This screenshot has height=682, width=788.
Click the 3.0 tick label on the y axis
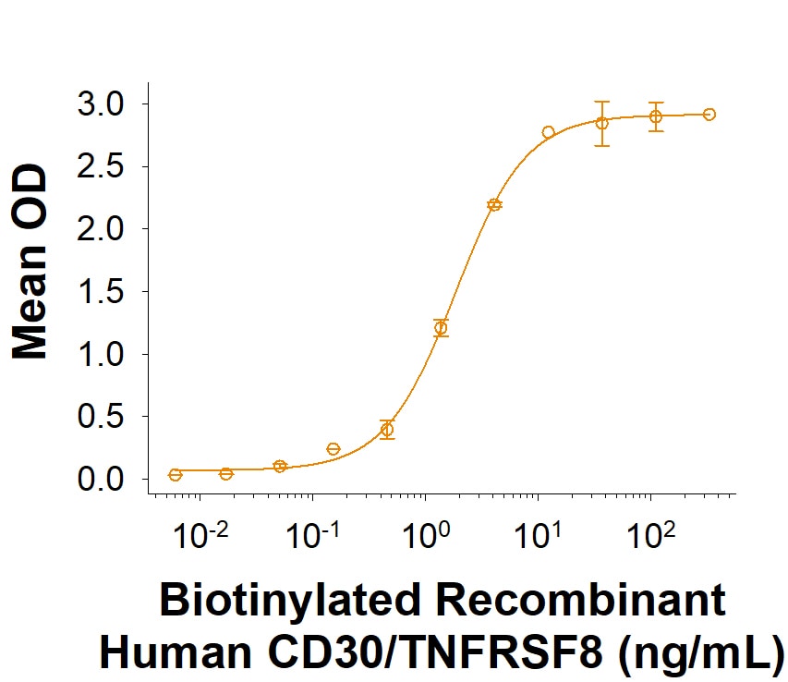[100, 104]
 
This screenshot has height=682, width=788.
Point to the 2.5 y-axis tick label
[100, 166]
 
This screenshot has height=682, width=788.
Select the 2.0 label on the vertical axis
[100, 229]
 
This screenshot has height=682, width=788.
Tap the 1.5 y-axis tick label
[100, 291]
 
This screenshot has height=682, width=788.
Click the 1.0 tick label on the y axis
[100, 354]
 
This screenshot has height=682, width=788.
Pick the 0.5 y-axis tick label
[100, 417]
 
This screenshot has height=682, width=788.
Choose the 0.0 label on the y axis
[100, 479]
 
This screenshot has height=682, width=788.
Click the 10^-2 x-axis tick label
[200, 535]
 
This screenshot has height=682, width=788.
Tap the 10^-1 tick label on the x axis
[312, 535]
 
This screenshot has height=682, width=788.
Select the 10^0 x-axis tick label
[426, 535]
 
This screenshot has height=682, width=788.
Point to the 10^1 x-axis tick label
[538, 535]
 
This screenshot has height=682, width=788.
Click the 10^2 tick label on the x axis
[650, 535]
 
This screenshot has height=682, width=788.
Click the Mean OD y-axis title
[30, 262]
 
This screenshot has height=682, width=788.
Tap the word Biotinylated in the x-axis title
[289, 601]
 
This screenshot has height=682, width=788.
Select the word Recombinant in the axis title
[581, 600]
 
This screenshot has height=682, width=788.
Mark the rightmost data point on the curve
[709, 115]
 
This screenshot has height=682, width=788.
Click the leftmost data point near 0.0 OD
[175, 474]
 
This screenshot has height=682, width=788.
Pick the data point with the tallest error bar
[602, 123]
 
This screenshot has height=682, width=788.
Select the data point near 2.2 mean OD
[494, 204]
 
